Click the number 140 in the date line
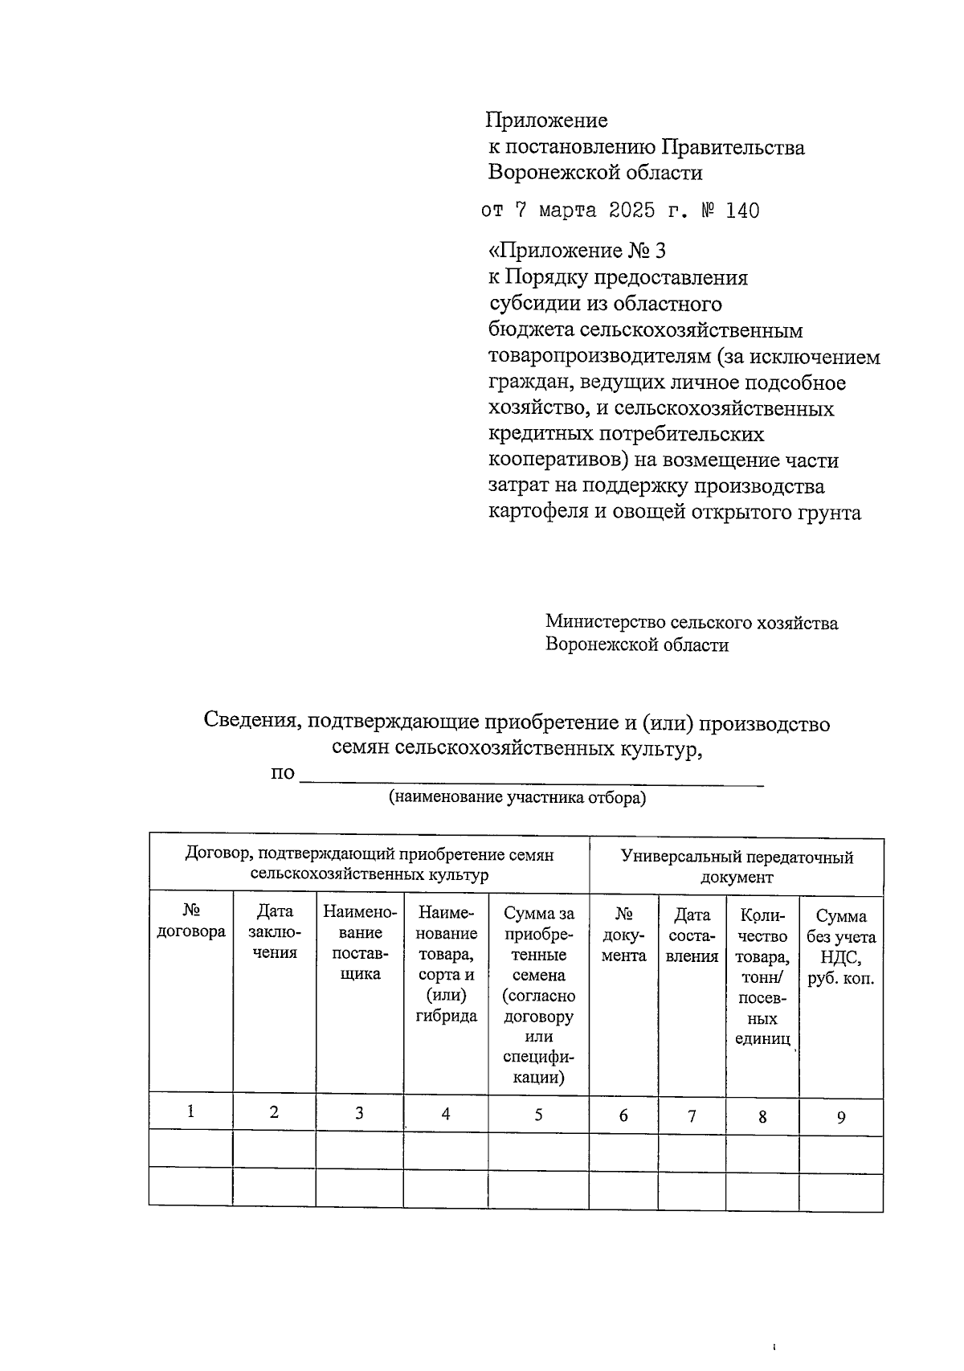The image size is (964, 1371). (741, 211)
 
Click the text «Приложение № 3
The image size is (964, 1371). (578, 251)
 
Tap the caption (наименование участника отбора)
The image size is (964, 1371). (517, 798)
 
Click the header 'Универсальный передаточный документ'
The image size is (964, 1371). (736, 867)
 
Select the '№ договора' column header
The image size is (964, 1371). (191, 921)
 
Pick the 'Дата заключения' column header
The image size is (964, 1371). (275, 931)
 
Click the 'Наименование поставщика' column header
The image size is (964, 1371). (360, 943)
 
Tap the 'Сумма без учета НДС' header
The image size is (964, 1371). (841, 947)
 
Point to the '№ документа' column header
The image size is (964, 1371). (623, 935)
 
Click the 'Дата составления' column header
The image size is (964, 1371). (692, 935)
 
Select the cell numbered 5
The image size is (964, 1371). (538, 1115)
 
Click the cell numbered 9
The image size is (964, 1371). (841, 1117)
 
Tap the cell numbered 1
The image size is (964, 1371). (191, 1112)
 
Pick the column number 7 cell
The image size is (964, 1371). (692, 1116)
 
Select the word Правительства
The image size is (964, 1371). (733, 148)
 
